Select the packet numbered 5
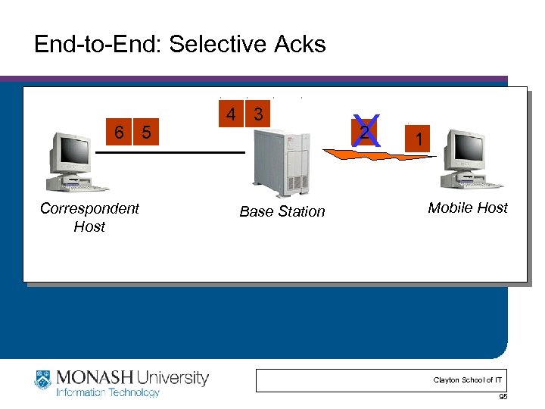pyautogui.click(x=146, y=132)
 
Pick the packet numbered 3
pyautogui.click(x=258, y=115)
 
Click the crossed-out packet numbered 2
pyautogui.click(x=366, y=133)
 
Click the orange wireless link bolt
pyautogui.click(x=378, y=155)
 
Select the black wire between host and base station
pyautogui.click(x=170, y=152)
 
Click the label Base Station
pyautogui.click(x=282, y=211)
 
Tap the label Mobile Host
pyautogui.click(x=467, y=208)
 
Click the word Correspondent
pyautogui.click(x=89, y=208)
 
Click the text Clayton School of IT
pyautogui.click(x=467, y=379)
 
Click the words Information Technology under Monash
pyautogui.click(x=108, y=392)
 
